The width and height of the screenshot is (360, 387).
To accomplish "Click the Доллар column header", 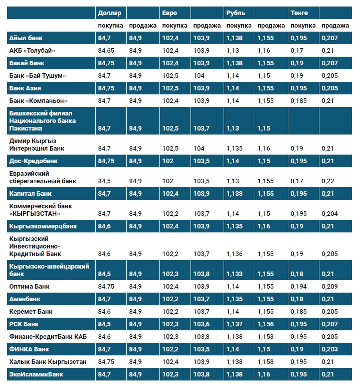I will pos(109,13).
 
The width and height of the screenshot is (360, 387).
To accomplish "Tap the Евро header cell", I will pos(169,13).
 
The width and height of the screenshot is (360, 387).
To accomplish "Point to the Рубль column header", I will pos(236,13).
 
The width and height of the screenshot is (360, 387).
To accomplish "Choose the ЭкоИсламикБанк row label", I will pos(36,374).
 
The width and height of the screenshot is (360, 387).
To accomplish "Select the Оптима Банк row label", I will pos(30,287).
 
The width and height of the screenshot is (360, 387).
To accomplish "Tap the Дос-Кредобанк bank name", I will pos(34,161).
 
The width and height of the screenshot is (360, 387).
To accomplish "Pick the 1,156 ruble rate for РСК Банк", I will pos(265,324).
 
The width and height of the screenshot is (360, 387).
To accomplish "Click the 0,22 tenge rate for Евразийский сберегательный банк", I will pos(327,181).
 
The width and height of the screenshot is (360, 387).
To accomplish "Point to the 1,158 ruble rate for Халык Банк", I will pos(265,362).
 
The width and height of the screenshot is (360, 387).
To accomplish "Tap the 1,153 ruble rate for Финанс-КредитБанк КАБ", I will pos(265,337).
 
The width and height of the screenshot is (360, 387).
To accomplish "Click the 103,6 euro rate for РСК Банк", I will pos(202,324).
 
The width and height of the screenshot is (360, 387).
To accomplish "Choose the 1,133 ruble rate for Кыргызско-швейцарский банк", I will pos(234,274).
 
